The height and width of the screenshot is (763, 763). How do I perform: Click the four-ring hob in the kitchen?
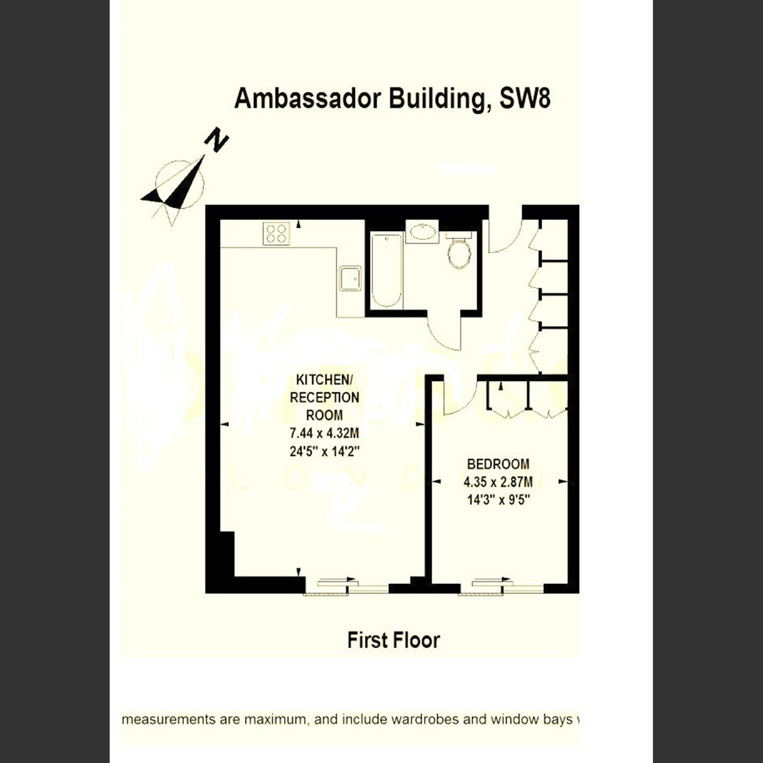tap(276, 234)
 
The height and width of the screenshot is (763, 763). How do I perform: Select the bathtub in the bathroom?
tap(387, 271)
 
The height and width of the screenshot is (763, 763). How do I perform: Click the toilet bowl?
tap(459, 255)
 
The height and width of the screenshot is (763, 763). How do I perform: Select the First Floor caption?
tap(393, 641)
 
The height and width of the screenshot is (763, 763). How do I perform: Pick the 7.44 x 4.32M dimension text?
tap(324, 434)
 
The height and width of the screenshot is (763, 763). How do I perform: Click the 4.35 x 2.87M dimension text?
tap(498, 482)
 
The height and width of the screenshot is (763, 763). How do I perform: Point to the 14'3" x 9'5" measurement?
tap(498, 500)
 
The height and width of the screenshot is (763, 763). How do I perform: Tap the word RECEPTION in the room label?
tap(324, 398)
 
